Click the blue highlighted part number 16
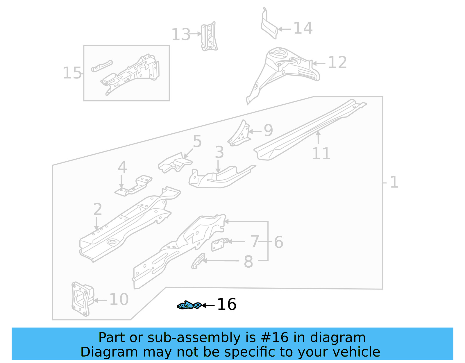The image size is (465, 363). tap(189, 305)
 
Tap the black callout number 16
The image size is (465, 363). tap(227, 305)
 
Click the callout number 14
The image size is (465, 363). tap(303, 28)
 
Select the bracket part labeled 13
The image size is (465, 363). tap(209, 37)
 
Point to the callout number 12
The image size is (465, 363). tap(337, 62)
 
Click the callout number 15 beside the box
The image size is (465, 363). tap(72, 73)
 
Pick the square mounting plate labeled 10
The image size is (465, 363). tap(82, 299)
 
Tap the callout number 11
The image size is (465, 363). tap(321, 154)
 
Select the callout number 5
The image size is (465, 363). tap(197, 142)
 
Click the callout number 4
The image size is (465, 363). tap(122, 167)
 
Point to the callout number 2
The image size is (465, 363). tap(98, 210)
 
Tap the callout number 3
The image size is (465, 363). tap(219, 152)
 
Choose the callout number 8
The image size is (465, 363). tap(248, 262)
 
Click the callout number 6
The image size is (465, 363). tap(278, 242)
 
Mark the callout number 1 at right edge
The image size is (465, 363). tap(394, 183)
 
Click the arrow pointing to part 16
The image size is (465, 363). tap(208, 305)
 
